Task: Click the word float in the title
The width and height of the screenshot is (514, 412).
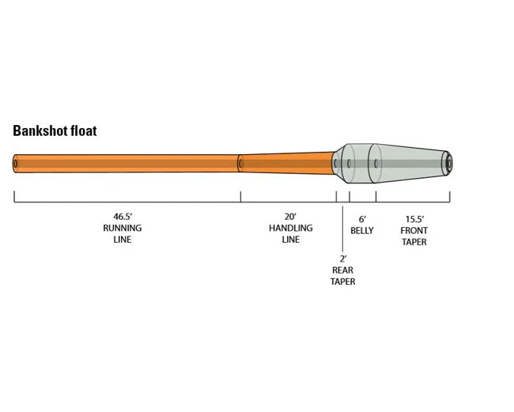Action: pos(84,131)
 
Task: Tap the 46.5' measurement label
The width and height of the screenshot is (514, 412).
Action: pos(122,216)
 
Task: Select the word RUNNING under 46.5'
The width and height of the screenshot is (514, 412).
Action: pos(122,228)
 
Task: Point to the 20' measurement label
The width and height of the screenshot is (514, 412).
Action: pos(290,216)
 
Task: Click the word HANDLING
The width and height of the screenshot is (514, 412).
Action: pos(290,228)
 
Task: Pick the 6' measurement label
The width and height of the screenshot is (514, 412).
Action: pos(362,219)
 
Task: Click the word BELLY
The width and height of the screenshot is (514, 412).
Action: pos(362,231)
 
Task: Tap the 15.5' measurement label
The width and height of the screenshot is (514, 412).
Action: pos(414,219)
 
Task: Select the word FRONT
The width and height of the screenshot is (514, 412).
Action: pos(414,231)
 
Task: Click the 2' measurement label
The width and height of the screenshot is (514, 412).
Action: pos(342,259)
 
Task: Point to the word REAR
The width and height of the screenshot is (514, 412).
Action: pos(342,270)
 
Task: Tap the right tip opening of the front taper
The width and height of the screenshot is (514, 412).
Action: pos(448,163)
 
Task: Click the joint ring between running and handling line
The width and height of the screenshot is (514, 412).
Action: pos(240,163)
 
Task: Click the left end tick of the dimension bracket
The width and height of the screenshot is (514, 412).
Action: pos(14,197)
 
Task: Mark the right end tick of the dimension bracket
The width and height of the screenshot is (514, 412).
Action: pos(451,197)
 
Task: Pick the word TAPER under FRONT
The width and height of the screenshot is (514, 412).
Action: pos(414,242)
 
